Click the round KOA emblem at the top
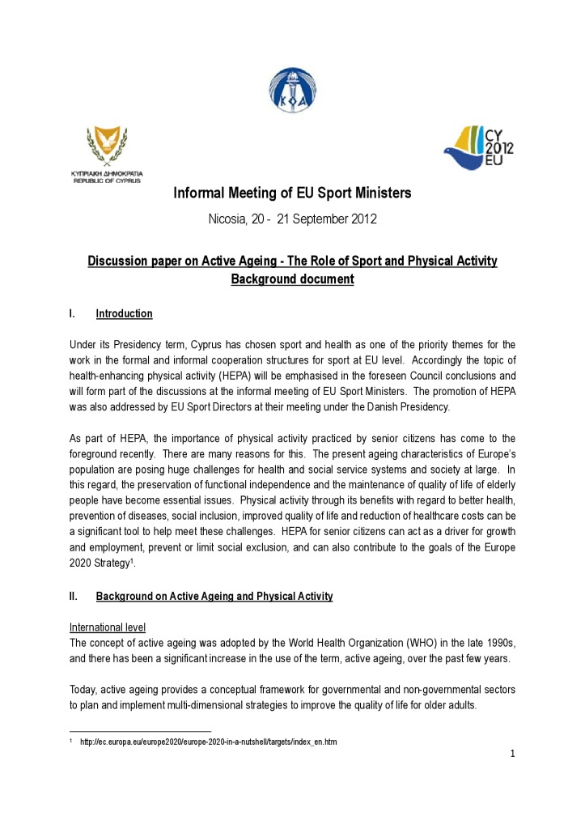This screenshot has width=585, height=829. pyautogui.click(x=291, y=91)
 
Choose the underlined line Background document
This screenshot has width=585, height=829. pyautogui.click(x=292, y=279)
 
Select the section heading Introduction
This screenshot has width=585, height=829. pyautogui.click(x=124, y=314)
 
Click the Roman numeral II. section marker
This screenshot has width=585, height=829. pyautogui.click(x=74, y=597)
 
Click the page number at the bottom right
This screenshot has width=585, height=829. pyautogui.click(x=512, y=755)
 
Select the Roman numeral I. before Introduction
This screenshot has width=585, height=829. pyautogui.click(x=73, y=314)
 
